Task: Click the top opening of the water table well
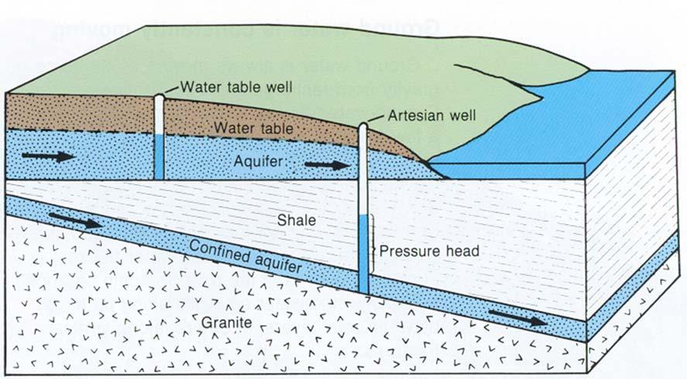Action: (x=158, y=96)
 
